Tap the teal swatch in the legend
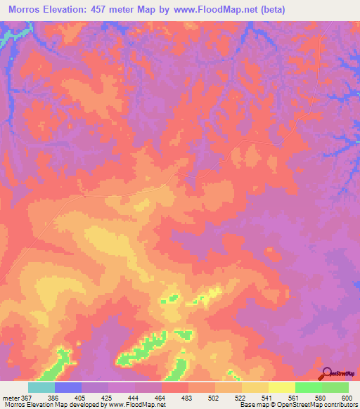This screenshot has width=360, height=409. coord(41,387)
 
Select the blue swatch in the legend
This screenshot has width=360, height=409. coord(68,387)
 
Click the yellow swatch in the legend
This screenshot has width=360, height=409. coord(282,387)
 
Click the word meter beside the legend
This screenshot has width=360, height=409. coord(9,398)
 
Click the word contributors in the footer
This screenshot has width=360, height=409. coord(341,405)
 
